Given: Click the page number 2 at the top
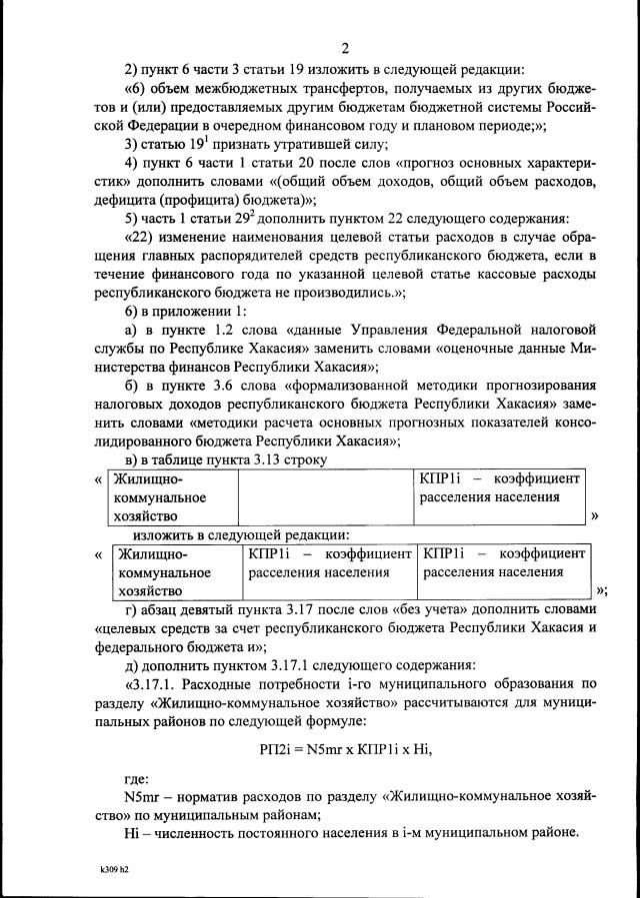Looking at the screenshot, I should (344, 47).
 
